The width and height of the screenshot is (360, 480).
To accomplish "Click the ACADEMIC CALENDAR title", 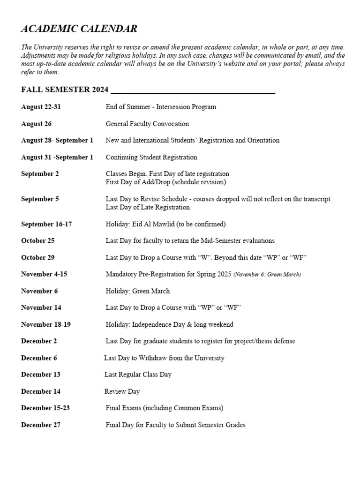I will click(79, 29).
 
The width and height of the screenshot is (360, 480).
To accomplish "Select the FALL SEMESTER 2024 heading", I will click(65, 90).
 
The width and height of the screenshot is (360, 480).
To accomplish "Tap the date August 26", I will click(36, 124).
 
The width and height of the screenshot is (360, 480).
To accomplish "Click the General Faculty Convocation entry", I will click(147, 124).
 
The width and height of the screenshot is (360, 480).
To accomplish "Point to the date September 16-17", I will click(46, 224).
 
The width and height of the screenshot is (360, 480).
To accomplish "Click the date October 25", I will click(37, 240).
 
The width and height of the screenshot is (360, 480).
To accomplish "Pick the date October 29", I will click(37, 257).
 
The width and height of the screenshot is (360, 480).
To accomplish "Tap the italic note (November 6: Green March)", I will click(267, 274).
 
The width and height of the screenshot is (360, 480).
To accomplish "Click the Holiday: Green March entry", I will click(138, 291).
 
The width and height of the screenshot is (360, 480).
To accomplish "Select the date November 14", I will click(41, 307).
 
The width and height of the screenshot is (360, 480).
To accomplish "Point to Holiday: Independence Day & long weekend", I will click(169, 324).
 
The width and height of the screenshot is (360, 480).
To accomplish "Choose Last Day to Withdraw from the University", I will click(164, 358).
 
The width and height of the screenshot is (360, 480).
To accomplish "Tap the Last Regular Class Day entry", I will click(138, 375).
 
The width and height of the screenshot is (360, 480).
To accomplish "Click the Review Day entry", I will click(122, 391).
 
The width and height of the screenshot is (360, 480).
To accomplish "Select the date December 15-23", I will click(45, 408).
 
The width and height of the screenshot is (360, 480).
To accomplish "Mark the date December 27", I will click(40, 425).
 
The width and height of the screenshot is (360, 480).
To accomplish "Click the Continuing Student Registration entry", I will click(151, 157).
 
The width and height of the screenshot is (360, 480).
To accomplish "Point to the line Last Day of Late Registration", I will click(148, 207).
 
